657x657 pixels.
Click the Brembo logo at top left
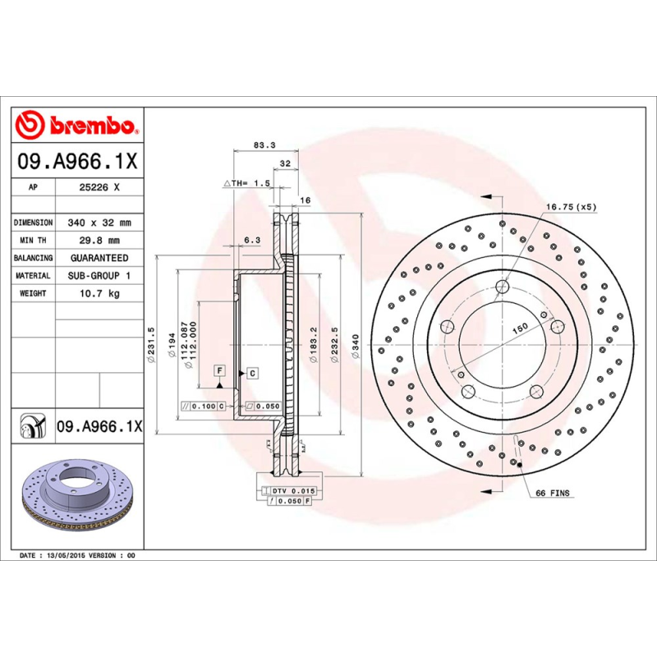coord(78,126)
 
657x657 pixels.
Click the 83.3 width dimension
coord(264,145)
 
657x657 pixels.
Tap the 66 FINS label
coord(553,494)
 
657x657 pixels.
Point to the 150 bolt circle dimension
coord(521,328)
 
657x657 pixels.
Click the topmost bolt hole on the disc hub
coord(502,287)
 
